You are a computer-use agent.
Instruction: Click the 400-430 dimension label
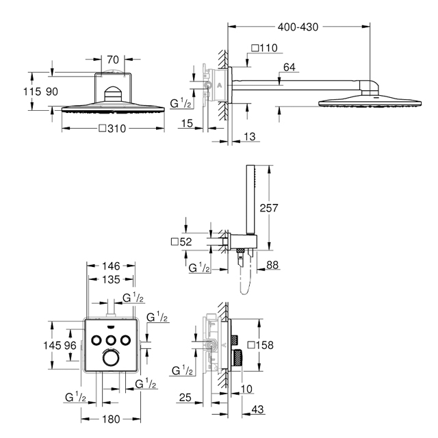tap(298, 27)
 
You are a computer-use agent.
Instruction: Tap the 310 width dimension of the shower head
tap(112, 129)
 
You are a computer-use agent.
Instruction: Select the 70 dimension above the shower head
tap(113, 60)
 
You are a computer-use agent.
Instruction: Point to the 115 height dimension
tap(32, 92)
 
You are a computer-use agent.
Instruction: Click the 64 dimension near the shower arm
tap(289, 67)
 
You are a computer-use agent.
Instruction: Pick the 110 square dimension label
tap(265, 48)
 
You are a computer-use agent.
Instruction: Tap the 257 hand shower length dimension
tap(269, 208)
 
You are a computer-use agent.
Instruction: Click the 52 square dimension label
tap(181, 242)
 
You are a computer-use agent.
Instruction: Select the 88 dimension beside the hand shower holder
tap(272, 265)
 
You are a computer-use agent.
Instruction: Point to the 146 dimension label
tap(111, 266)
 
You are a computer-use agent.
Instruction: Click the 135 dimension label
tap(111, 280)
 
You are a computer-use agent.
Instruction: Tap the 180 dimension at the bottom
tap(111, 420)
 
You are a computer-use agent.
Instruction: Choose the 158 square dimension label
tap(261, 345)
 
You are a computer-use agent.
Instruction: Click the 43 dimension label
tap(257, 409)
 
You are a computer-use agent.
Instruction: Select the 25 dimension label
tap(185, 398)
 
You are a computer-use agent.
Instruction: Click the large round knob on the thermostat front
tap(111, 357)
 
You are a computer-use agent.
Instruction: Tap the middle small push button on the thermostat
tap(111, 340)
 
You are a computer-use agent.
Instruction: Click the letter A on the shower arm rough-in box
tap(219, 85)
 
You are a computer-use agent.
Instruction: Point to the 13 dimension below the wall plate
tap(249, 137)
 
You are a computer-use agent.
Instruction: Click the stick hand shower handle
tap(250, 199)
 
